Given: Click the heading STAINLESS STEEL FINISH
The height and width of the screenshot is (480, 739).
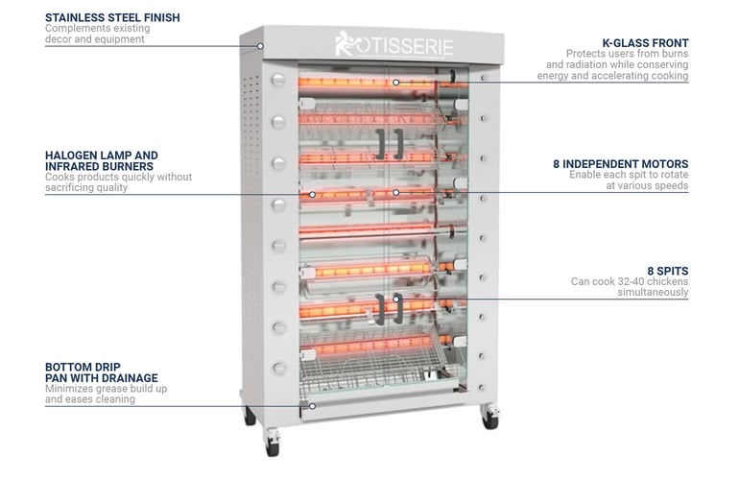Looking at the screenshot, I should (112, 17).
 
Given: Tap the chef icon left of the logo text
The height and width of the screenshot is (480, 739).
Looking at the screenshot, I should (345, 43).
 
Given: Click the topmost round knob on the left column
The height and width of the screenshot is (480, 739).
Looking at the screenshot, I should (279, 80).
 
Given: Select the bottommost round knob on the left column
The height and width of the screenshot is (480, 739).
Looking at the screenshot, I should (279, 368).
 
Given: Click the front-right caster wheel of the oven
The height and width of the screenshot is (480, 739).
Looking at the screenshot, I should (490, 417).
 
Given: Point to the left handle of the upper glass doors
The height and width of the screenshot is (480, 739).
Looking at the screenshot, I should (381, 142).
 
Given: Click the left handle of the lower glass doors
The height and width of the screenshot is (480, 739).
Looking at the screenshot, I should (380, 309).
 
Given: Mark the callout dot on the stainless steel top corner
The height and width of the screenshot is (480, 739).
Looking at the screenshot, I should (260, 45).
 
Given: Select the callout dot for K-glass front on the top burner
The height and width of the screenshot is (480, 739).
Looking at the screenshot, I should (394, 83).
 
